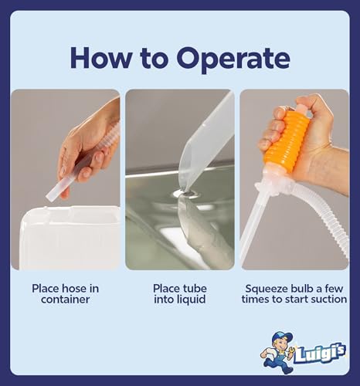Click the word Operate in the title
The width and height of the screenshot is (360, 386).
pos(233,59)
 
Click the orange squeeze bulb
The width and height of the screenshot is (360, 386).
pos(287,141)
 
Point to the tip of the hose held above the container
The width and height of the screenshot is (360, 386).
pos(48,198)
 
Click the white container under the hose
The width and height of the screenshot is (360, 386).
pos(70,237)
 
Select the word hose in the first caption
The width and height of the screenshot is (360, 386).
pos(74,289)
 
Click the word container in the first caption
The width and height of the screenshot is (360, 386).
pos(65,300)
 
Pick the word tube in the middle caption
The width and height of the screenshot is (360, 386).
pos(195,289)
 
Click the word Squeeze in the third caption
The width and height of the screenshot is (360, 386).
pos(267,289)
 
